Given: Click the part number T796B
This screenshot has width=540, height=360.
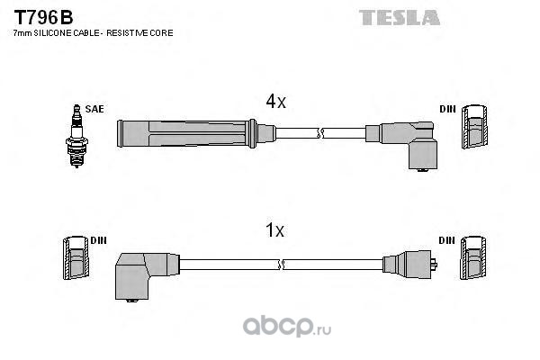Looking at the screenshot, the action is (43, 17).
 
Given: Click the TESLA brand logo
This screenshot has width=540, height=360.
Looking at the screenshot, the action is (399, 18).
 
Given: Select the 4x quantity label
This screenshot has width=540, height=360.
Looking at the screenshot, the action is (276, 101).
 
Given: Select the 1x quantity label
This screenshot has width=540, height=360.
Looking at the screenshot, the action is (274, 229).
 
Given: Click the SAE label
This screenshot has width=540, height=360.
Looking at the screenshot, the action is (94, 109).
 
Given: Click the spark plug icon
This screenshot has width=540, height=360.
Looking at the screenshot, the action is (76, 136).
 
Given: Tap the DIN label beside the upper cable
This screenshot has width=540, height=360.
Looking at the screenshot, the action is (447, 109).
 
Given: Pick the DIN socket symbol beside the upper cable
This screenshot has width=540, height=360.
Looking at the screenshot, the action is (475, 126).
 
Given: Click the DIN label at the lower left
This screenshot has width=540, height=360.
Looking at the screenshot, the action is (98, 240).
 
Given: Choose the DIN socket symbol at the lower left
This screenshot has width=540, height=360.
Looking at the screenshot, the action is (76, 257).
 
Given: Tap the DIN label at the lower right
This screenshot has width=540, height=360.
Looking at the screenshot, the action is (446, 240).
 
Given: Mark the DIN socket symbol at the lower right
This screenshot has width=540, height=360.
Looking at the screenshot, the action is (474, 257).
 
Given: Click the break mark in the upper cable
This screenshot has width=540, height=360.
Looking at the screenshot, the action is (320, 133).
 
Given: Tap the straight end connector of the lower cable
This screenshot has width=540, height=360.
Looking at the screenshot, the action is (409, 265).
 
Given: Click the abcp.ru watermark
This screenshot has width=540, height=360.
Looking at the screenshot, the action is (287, 326).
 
